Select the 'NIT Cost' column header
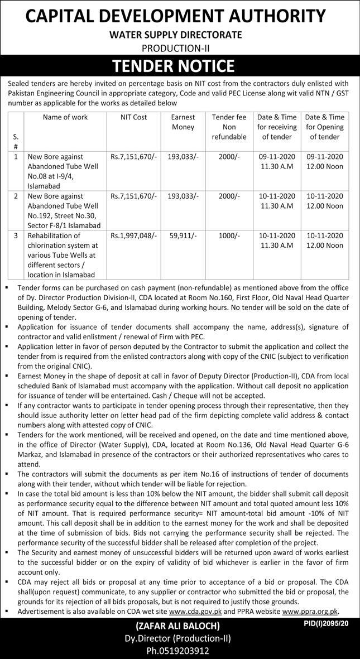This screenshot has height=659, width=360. coord(133,117)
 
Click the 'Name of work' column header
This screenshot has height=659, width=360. coord(65,117)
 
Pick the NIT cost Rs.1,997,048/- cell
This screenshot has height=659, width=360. coord(133,236)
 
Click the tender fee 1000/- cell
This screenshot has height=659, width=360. coord(229,236)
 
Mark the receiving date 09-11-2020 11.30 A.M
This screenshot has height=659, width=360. coord(277,162)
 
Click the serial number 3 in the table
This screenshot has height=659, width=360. coord(16,236)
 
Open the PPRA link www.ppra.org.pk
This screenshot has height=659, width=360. coord(310,612)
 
